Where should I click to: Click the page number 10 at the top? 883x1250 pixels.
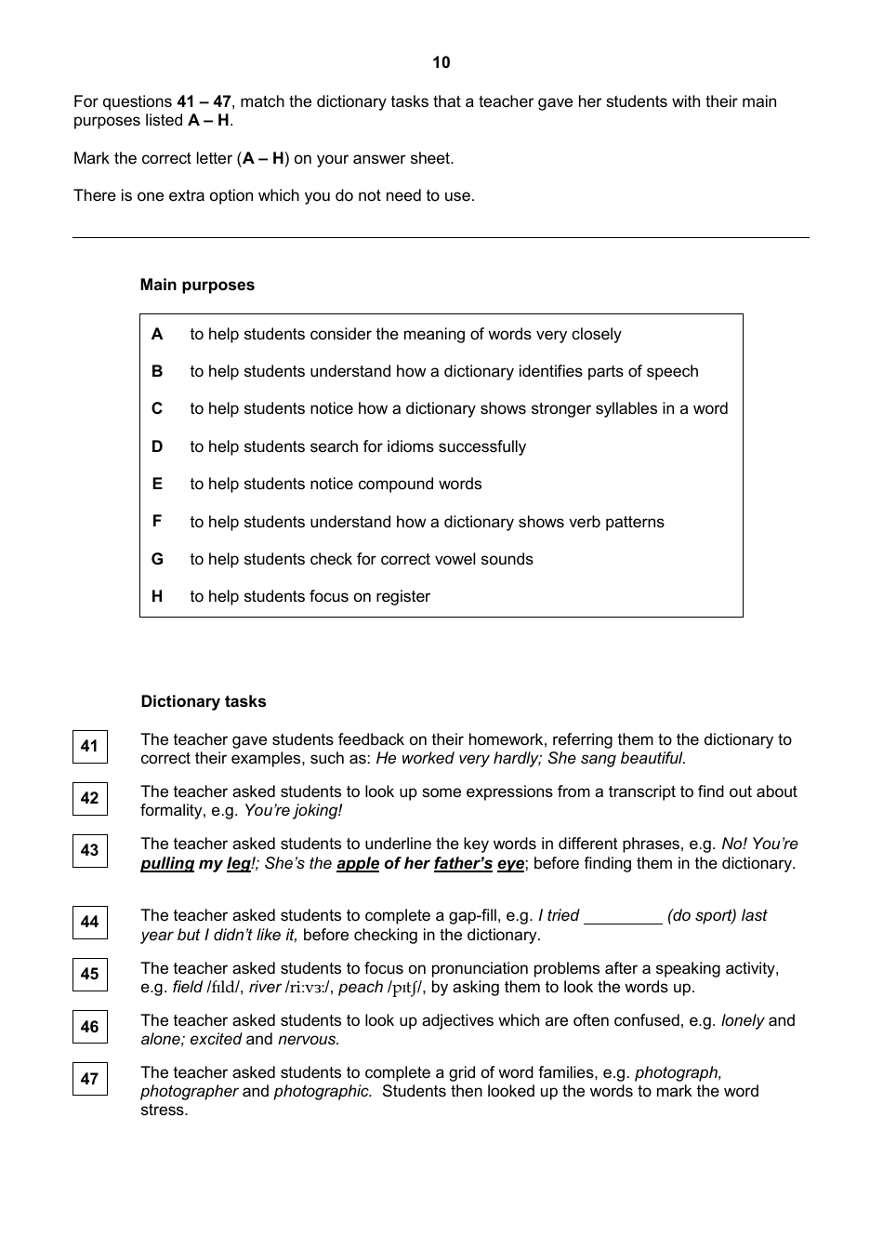tap(441, 62)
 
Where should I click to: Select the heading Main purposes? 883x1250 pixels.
tap(197, 286)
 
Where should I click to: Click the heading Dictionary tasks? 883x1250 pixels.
tap(204, 702)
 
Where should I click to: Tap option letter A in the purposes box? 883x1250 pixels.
tap(157, 334)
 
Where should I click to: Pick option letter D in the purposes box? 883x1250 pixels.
tap(157, 446)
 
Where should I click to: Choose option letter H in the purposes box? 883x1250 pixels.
tap(157, 597)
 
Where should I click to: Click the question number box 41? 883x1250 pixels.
tap(90, 746)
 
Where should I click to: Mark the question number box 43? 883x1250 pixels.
tap(90, 850)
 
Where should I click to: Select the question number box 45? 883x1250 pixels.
tap(90, 974)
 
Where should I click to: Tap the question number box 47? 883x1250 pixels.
tap(90, 1079)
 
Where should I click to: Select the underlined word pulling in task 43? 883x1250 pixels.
tap(167, 864)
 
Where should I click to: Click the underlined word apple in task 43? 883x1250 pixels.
tap(358, 864)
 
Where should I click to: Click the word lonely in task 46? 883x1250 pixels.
tap(742, 1020)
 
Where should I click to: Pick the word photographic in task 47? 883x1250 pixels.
tap(323, 1092)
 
